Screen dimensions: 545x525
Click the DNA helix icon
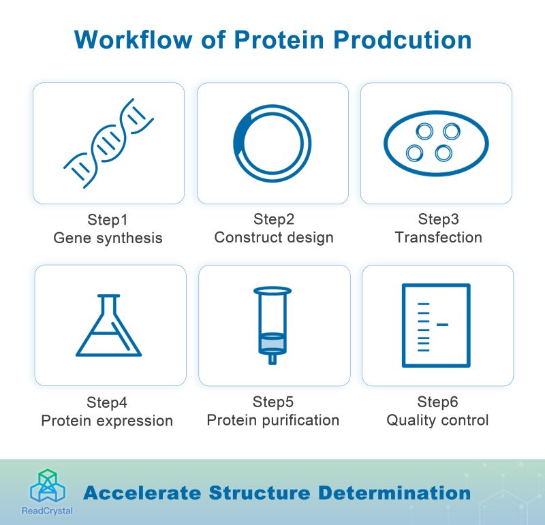[108, 143]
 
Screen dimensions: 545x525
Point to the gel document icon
[403, 325]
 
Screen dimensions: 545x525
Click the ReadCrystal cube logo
[48, 486]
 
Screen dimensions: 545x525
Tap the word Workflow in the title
[133, 39]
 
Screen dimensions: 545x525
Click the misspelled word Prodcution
[402, 39]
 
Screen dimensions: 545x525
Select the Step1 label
[108, 220]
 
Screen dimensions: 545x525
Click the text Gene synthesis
[108, 238]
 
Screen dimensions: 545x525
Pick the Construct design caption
[274, 238]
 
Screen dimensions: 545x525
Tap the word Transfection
[438, 238]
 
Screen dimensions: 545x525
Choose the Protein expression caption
[107, 421]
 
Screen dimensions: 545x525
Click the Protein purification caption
[273, 420]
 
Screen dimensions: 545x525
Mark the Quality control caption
[437, 420]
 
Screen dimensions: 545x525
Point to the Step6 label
[437, 402]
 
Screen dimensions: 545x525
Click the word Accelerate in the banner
[142, 493]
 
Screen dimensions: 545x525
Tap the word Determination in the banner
[394, 493]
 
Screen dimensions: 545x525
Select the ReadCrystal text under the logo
[47, 511]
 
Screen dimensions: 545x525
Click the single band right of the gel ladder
[442, 325]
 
